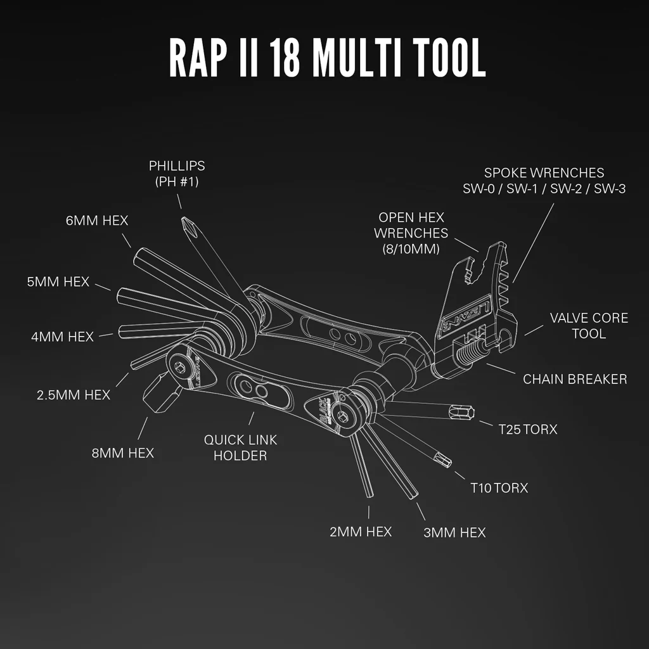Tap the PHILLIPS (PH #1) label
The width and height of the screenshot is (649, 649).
pos(177,174)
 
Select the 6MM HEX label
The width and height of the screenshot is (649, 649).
pos(97,221)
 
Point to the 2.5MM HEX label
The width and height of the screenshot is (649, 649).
pos(74,395)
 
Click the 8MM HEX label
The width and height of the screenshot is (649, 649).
pos(122,453)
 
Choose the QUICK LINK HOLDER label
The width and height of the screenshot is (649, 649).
pos(240,447)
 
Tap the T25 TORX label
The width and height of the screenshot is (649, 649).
pos(528,430)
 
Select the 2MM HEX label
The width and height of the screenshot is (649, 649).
pos(361,532)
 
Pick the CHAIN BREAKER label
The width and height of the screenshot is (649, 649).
pos(575,379)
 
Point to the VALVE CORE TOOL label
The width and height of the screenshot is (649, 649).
pos(589,326)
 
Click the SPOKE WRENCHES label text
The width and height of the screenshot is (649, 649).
pos(544,172)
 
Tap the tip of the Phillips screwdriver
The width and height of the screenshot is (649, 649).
pos(183,219)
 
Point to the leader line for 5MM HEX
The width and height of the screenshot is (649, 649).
pos(103,287)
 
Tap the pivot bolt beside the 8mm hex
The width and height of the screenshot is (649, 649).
pos(181,367)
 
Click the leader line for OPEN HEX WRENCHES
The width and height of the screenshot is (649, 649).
pos(466,245)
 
